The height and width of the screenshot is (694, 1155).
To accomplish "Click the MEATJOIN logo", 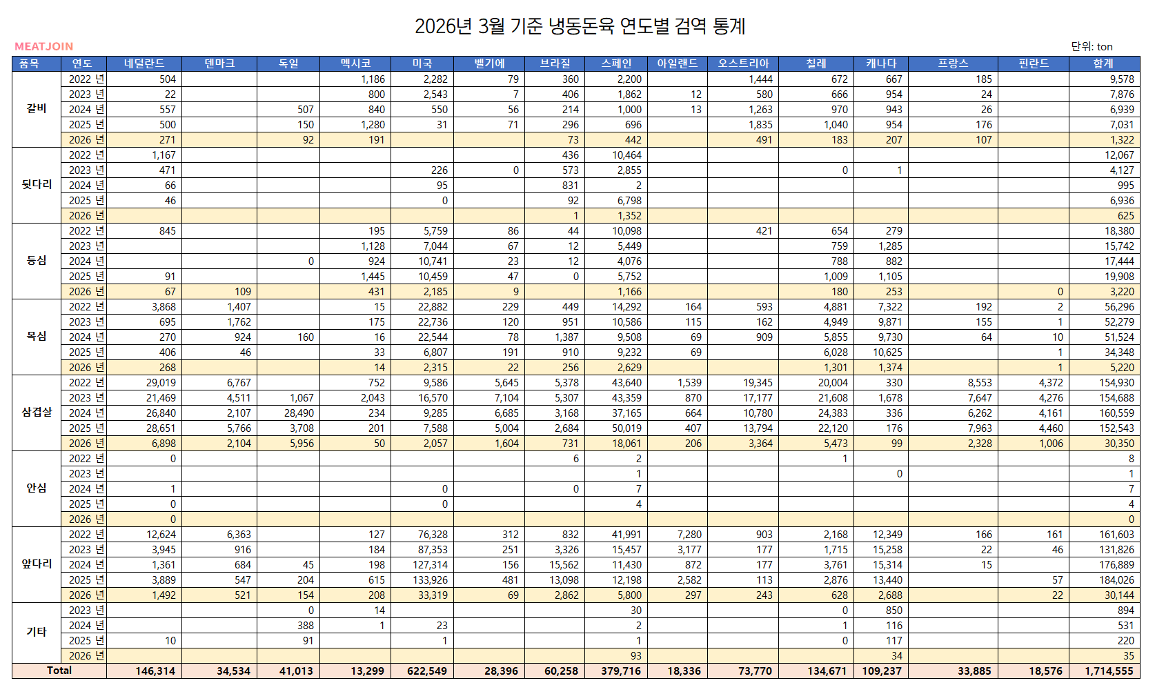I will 43,46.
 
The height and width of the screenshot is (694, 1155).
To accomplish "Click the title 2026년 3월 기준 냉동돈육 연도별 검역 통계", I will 580,26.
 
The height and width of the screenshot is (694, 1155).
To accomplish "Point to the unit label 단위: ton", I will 1092,46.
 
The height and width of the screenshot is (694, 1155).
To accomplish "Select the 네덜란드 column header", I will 144,63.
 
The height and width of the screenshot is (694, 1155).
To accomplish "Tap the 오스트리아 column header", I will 743,63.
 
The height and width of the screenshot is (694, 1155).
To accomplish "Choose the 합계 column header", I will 1103,63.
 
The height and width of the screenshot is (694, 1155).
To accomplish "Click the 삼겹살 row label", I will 37,412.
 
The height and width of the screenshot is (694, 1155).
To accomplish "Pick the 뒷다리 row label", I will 37,184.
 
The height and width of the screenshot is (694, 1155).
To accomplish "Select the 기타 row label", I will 37,632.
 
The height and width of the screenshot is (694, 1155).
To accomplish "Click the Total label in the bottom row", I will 59,671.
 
